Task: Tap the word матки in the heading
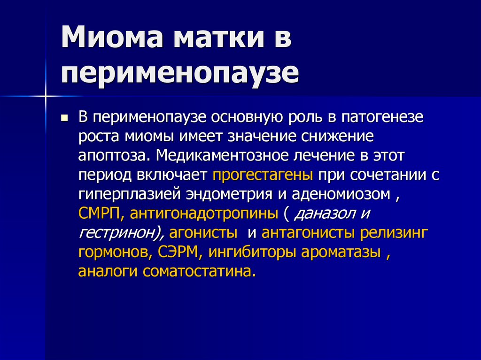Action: (219, 38)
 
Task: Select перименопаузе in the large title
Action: (180, 74)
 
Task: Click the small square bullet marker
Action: (64, 118)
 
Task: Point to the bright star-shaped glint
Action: (46, 96)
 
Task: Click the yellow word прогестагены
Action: (263, 175)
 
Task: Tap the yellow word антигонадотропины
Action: (204, 214)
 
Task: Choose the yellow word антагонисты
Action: (308, 233)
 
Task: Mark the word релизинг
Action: (394, 233)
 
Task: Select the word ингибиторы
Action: (252, 253)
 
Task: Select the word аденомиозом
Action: (341, 194)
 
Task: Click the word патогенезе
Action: (382, 117)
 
